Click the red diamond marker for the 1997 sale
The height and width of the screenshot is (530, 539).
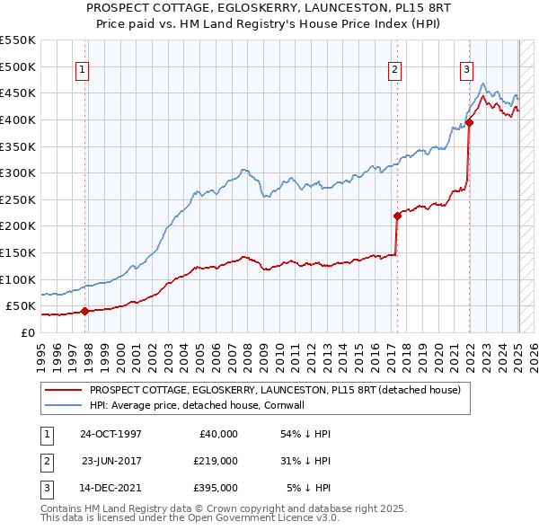[x=84, y=312]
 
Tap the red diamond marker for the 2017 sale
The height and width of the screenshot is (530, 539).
[x=397, y=216]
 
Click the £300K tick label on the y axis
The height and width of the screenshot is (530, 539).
[x=17, y=172]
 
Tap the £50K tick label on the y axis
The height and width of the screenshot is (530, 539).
[x=21, y=306]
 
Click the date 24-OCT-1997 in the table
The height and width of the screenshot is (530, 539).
[x=110, y=434]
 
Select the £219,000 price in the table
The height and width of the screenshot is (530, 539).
[x=216, y=461]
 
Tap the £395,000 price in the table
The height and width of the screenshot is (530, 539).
[x=216, y=488]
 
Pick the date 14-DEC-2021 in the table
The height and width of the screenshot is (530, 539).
[x=110, y=488]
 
